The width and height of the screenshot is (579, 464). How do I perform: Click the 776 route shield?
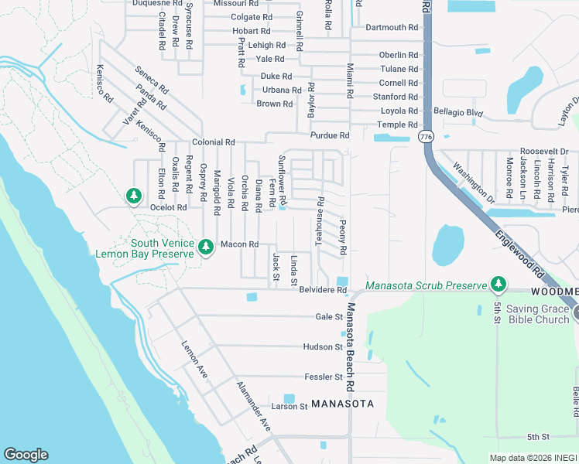[x=426, y=136]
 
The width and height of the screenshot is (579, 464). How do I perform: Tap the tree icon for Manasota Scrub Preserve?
[x=498, y=285]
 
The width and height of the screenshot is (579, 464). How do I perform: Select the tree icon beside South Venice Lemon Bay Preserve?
[x=205, y=246]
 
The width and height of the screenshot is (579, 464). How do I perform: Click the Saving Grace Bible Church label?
[x=537, y=314]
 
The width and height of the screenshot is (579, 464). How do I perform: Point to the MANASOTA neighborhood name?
[x=343, y=404]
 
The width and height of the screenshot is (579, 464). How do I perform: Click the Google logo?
[x=26, y=455]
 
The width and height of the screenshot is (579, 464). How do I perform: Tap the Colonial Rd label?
[x=214, y=143]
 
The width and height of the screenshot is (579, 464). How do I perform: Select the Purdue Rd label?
[x=330, y=135]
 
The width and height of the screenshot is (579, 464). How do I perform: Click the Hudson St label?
[x=323, y=347]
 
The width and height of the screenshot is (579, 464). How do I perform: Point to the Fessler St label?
[x=324, y=377]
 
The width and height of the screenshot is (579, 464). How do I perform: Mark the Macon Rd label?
[x=239, y=244]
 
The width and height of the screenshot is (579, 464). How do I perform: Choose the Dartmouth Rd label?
[x=392, y=27]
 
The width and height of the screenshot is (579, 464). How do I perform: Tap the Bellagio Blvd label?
[x=458, y=113]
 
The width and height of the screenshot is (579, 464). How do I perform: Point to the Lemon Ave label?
[x=194, y=354]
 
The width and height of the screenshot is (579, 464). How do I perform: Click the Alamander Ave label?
[x=253, y=406]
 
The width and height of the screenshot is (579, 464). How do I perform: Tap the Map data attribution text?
[x=533, y=458]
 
